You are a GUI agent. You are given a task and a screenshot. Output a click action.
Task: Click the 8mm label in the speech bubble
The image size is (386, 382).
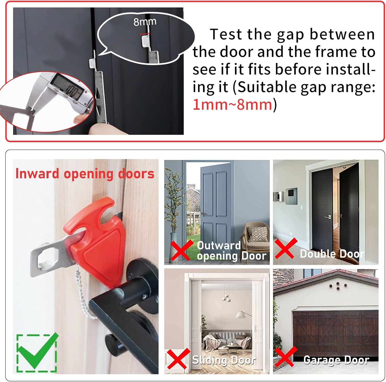click(x=145, y=22)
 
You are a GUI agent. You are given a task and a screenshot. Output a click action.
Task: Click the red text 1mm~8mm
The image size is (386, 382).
click(x=232, y=105)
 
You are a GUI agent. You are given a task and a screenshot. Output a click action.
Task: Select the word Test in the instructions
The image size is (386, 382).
click(x=226, y=34)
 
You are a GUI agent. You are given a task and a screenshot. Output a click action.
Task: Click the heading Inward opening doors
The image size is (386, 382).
click(x=85, y=173)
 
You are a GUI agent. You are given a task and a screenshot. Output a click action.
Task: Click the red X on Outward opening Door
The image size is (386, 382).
click(x=182, y=250)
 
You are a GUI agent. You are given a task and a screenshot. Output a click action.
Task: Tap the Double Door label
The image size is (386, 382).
click(x=332, y=254)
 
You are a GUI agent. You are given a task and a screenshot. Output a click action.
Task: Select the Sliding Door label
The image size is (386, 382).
click(x=224, y=360)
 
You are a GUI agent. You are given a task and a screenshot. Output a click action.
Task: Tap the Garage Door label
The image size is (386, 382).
click(x=336, y=360)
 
